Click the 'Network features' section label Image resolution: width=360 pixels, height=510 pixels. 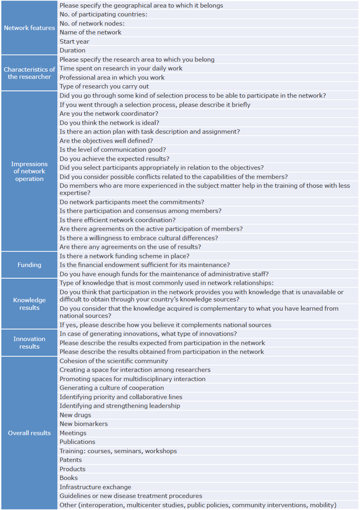click(x=29, y=28)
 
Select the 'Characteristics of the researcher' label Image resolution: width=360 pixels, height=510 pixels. click(x=29, y=73)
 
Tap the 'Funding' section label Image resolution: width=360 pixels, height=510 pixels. click(x=29, y=265)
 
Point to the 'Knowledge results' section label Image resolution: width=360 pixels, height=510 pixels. click(x=29, y=304)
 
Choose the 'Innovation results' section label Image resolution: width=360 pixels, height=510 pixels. click(x=29, y=343)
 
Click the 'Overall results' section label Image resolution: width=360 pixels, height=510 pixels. click(x=29, y=433)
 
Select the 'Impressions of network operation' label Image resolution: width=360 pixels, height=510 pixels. click(x=29, y=172)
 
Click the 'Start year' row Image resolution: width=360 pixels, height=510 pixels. click(x=74, y=41)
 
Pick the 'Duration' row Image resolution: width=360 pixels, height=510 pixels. click(x=72, y=50)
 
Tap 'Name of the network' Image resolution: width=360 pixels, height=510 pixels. click(x=91, y=32)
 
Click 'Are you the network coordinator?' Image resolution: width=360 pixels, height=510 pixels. click(x=109, y=114)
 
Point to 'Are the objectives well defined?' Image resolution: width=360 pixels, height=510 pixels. click(x=106, y=141)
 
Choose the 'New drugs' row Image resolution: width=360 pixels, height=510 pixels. click(x=75, y=415)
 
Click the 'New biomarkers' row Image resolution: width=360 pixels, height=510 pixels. click(x=84, y=424)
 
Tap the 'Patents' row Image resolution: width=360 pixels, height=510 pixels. click(x=71, y=460)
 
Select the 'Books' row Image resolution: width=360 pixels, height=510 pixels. click(x=69, y=478)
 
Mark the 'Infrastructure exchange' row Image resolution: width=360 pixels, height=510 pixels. click(x=95, y=487)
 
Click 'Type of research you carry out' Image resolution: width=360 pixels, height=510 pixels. click(x=104, y=86)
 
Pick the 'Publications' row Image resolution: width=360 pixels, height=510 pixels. click(x=78, y=442)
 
